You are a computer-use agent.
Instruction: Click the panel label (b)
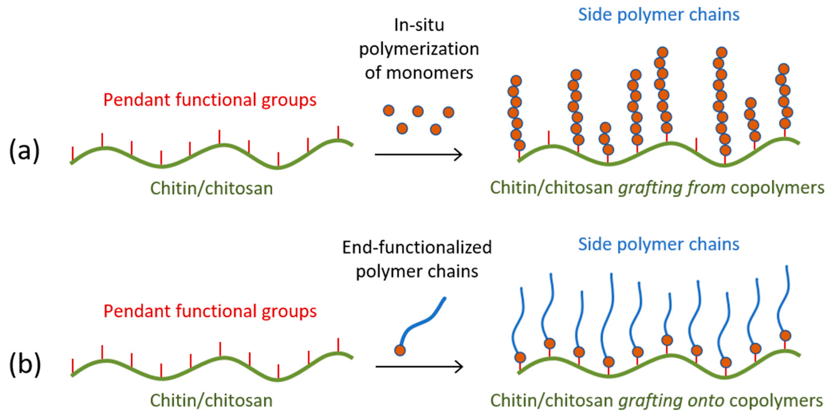(x=25, y=364)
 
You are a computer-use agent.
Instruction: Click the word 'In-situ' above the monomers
(x=419, y=25)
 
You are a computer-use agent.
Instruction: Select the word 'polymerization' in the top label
(x=419, y=49)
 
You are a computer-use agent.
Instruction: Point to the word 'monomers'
(x=429, y=73)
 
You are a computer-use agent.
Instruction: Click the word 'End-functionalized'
(x=417, y=247)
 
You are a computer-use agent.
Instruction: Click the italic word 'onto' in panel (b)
(x=705, y=400)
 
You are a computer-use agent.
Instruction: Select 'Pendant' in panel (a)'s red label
(x=137, y=100)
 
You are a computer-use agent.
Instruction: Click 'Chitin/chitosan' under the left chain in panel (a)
(x=211, y=188)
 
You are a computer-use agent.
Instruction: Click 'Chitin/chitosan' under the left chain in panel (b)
(x=211, y=400)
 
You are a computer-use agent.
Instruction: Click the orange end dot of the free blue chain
(x=400, y=350)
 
